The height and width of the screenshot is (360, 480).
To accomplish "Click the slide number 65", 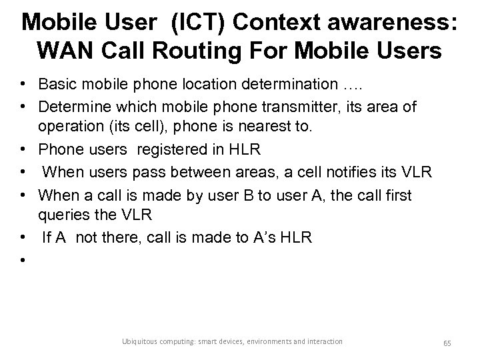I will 447,342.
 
